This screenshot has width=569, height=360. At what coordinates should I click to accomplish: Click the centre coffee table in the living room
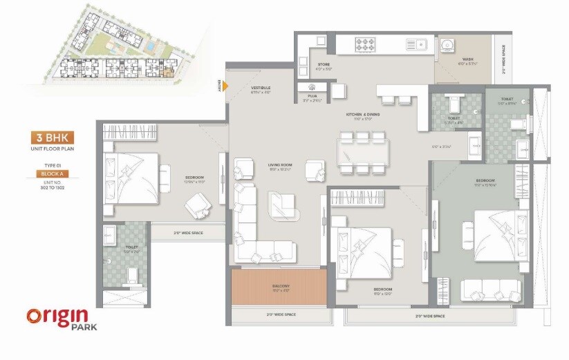pos(281,202)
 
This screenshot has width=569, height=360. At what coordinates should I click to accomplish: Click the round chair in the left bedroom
pos(196,202)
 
